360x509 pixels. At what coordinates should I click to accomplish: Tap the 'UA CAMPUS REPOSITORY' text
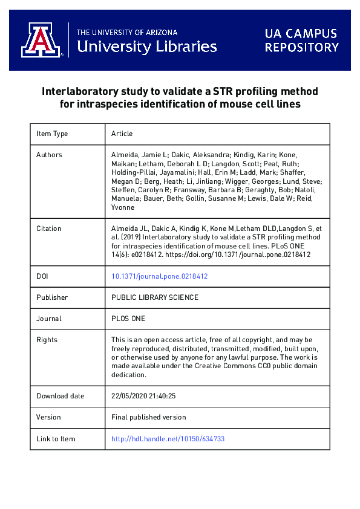pos(301,41)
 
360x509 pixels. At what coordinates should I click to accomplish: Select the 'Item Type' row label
pos(52,134)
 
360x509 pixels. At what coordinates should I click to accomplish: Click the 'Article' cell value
pos(122,134)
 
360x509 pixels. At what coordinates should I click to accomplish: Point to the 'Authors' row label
pos(49,155)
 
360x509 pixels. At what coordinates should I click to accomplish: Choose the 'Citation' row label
pos(48,229)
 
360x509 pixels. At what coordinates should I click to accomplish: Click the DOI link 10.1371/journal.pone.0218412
pos(160,276)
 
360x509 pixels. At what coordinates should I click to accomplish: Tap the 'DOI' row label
pos(43,276)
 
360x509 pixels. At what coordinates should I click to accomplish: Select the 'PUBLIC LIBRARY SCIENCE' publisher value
pos(155,297)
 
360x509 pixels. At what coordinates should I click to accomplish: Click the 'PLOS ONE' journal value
pos(128,319)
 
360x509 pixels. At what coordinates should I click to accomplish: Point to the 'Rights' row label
pos(47,340)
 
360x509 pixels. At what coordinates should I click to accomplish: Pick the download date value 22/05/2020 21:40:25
pos(143,396)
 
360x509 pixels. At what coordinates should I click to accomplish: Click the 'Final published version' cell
pos(149,417)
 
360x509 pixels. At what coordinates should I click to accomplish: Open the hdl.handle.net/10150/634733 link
pos(168,438)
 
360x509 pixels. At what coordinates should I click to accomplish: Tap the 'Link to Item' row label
pos(56,438)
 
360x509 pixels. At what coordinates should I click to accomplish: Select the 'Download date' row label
pos(59,396)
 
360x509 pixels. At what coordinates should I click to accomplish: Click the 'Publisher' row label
pos(52,297)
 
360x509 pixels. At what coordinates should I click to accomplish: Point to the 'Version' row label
pos(48,417)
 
